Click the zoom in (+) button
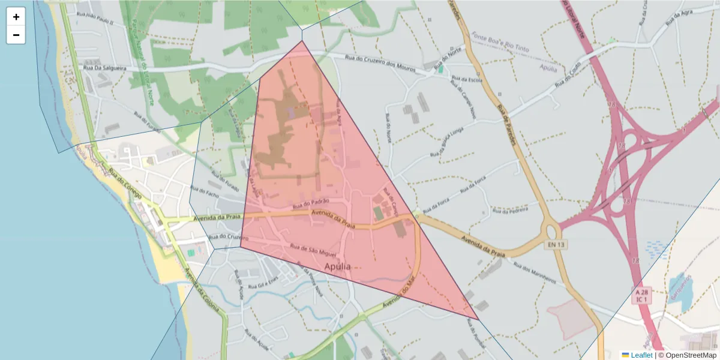(x=16, y=17)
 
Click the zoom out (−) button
(x=16, y=35)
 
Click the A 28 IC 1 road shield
(x=642, y=295)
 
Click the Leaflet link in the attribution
(x=641, y=355)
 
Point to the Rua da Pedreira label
(x=510, y=211)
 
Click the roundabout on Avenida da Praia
(x=551, y=229)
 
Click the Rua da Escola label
(x=467, y=79)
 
